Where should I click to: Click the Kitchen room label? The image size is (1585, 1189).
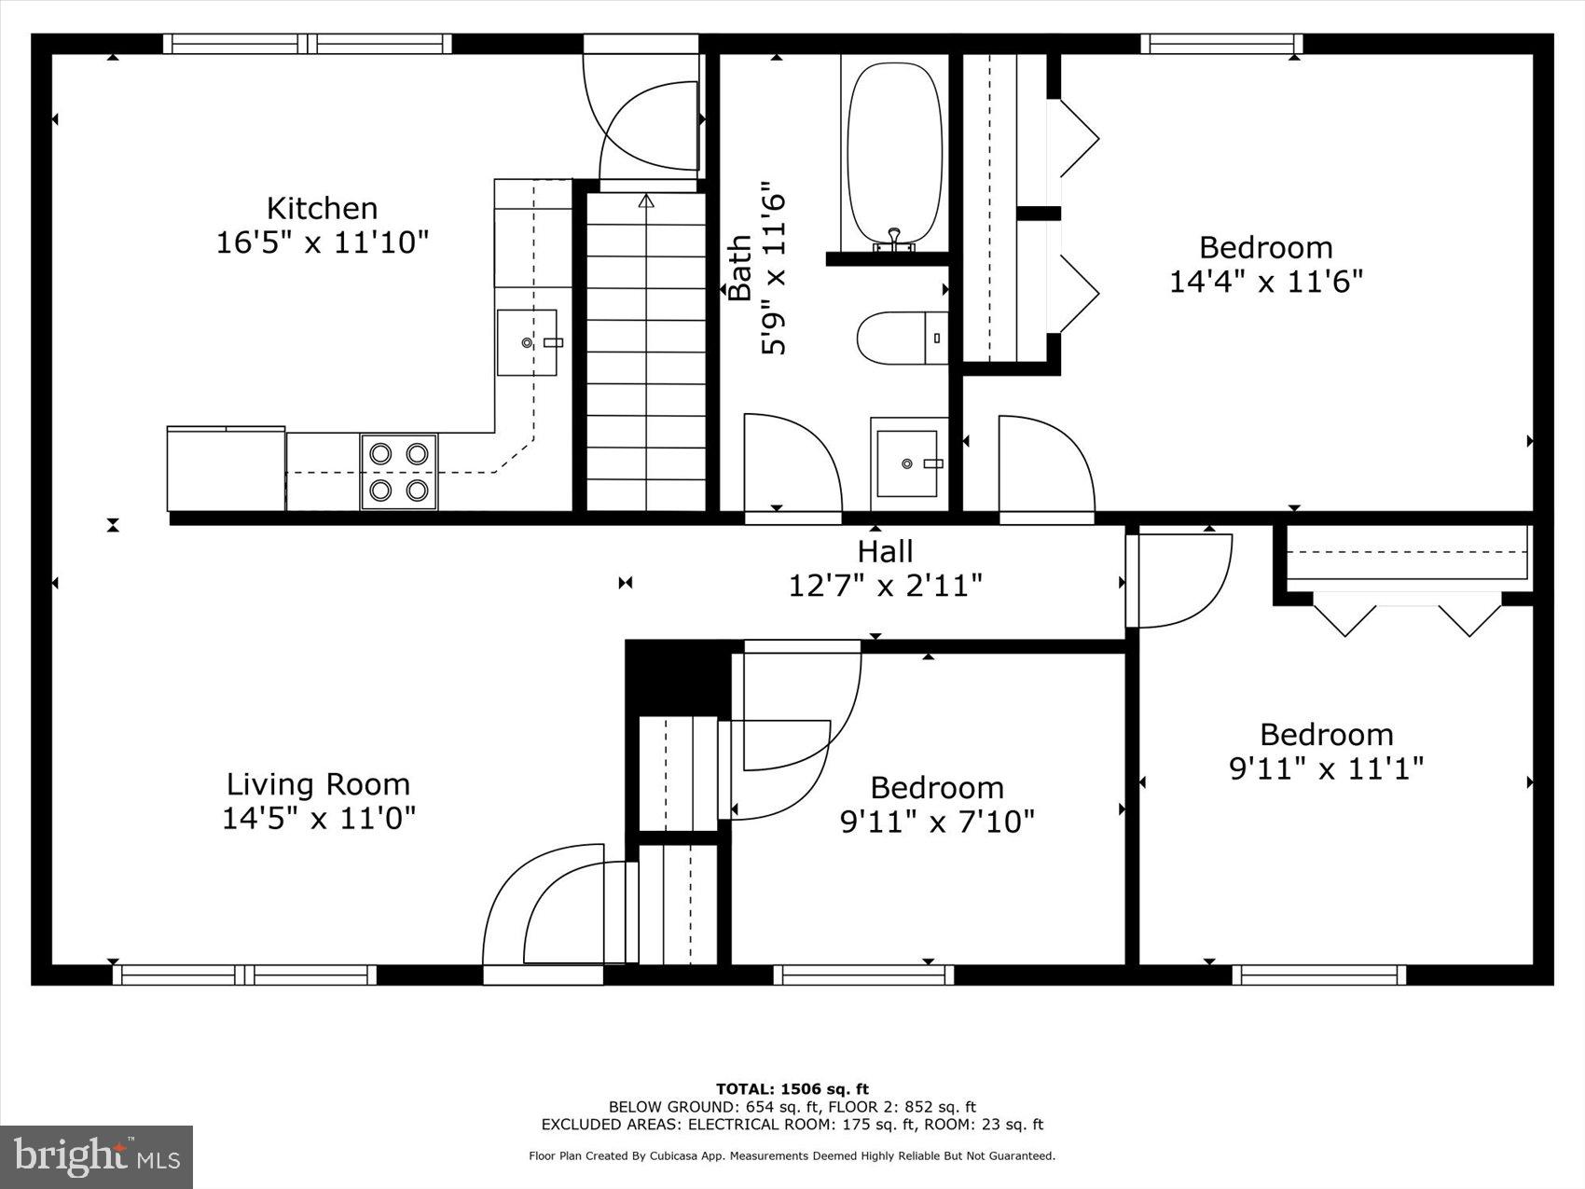(322, 207)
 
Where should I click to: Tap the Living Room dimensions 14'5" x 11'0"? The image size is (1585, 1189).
(318, 818)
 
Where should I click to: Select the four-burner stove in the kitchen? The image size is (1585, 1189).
(399, 471)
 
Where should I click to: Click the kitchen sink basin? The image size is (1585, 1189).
(528, 342)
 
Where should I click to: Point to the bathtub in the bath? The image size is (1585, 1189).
(893, 152)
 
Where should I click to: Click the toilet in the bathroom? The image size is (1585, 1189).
(901, 338)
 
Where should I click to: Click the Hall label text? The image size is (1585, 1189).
(885, 551)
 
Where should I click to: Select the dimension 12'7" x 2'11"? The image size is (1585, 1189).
(885, 586)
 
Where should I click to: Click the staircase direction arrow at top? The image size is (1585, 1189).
(646, 200)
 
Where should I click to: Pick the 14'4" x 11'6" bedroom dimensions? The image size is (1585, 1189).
(1265, 281)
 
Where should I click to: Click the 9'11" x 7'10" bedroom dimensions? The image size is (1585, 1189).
(937, 822)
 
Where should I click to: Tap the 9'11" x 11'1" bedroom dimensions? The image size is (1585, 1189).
(1326, 768)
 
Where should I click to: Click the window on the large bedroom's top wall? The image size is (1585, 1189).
(1221, 43)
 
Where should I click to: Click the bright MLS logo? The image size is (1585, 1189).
(97, 1157)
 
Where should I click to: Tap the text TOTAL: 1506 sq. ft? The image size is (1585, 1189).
(792, 1088)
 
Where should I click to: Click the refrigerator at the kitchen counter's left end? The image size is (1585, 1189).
(226, 469)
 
